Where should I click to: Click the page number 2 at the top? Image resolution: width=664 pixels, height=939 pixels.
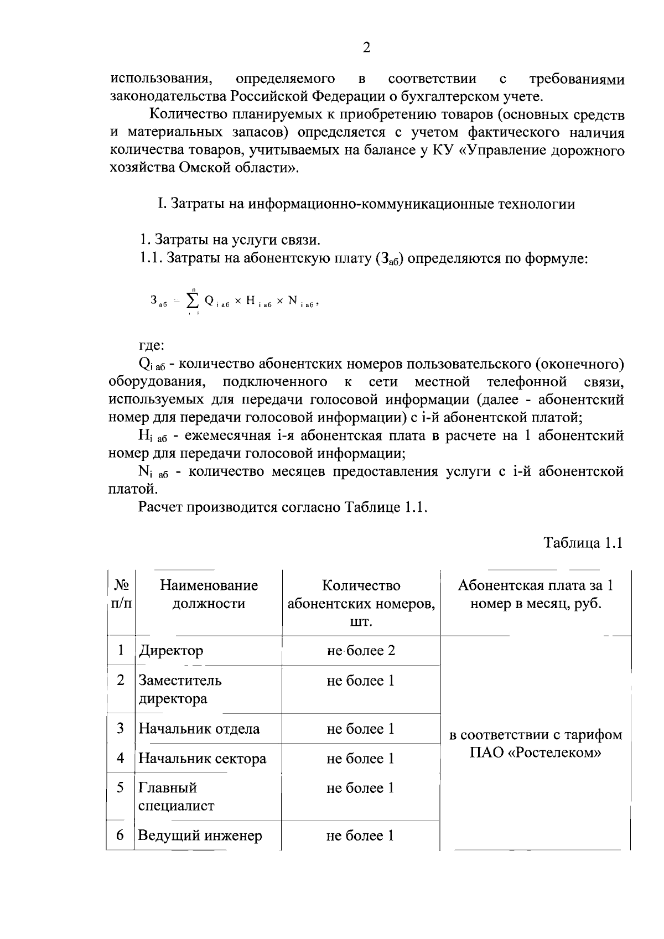tap(366, 48)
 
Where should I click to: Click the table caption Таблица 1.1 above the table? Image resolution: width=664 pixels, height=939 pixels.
tap(584, 542)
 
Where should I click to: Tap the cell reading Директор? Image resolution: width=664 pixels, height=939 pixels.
tap(171, 651)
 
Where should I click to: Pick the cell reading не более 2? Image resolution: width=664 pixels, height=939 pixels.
tap(361, 651)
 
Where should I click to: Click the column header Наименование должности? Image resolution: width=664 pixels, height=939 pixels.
tap(209, 594)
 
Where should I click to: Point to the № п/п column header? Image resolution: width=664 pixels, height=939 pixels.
tap(121, 594)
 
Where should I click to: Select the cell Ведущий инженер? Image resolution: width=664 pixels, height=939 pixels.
tap(200, 836)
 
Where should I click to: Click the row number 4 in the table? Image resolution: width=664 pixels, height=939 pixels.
tap(121, 758)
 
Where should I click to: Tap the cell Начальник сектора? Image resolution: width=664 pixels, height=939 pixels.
tap(202, 759)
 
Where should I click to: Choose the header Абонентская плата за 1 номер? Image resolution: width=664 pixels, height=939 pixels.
tap(535, 594)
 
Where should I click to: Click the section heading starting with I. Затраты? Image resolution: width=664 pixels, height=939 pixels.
tap(366, 204)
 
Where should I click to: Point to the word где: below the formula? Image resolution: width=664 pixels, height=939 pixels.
tap(151, 345)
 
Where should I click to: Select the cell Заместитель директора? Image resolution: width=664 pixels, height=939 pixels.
tap(180, 689)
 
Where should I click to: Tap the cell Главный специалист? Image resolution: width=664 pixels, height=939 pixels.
tap(176, 797)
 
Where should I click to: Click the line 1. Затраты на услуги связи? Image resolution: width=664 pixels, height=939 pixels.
tap(230, 240)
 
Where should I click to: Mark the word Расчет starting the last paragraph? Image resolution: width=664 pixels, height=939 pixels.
tap(160, 507)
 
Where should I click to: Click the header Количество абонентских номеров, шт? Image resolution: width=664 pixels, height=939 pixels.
tap(361, 603)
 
